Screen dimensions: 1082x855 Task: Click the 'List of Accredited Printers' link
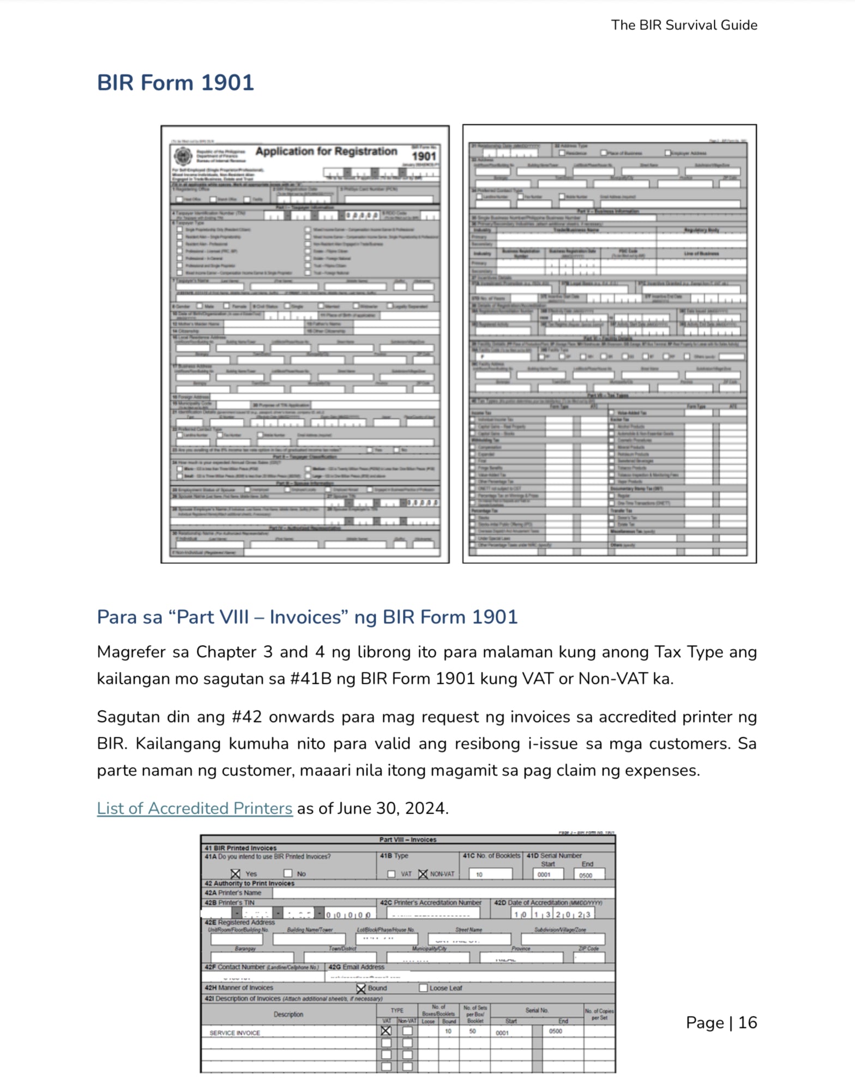click(194, 808)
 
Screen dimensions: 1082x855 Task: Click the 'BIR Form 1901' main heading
click(175, 83)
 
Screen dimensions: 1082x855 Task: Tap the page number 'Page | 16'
click(721, 1023)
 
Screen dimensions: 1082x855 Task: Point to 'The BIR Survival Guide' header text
click(684, 25)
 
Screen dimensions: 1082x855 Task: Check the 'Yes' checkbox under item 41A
click(236, 874)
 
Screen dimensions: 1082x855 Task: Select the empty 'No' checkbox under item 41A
click(288, 873)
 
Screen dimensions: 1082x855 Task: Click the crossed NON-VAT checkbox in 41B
click(423, 874)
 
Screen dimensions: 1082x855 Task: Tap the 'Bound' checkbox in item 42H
click(360, 988)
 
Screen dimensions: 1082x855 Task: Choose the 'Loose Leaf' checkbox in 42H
click(423, 988)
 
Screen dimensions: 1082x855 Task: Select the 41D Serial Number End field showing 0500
click(589, 875)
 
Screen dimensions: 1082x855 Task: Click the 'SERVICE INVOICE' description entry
click(234, 1033)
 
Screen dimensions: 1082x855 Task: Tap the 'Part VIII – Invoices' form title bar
click(407, 839)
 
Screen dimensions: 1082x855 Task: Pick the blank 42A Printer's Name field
click(443, 893)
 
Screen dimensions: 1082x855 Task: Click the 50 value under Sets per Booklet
click(472, 1031)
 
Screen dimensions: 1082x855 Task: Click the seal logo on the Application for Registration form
click(183, 157)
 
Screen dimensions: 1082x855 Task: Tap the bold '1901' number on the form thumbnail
click(424, 155)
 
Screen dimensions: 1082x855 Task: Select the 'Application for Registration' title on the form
click(326, 152)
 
